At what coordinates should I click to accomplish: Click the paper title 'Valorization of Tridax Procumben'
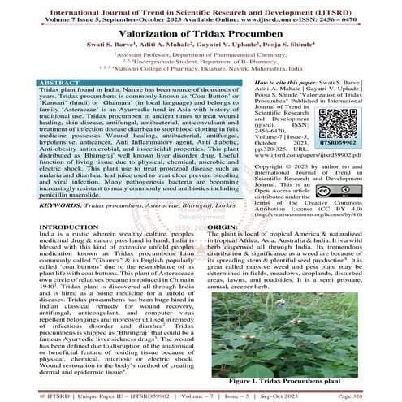click(x=201, y=33)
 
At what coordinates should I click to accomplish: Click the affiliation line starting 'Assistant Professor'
click(x=199, y=56)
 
